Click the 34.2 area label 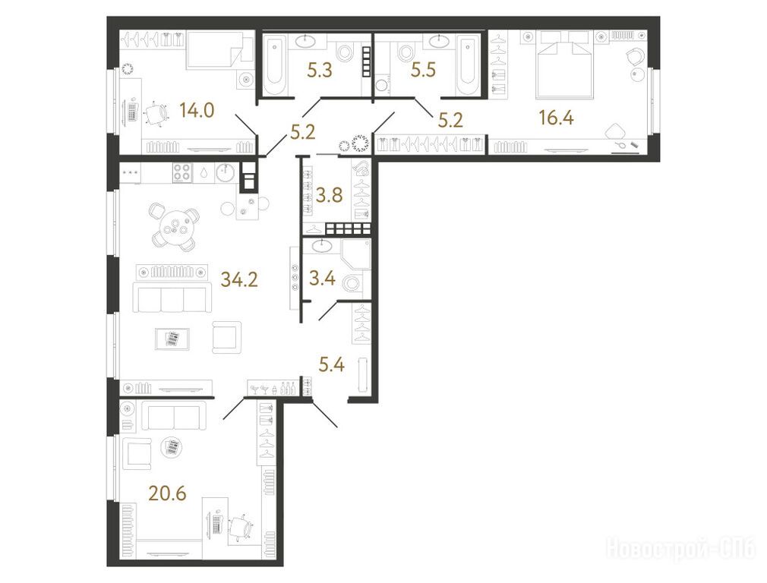click(239, 279)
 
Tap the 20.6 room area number click(168, 493)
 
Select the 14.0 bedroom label click(197, 111)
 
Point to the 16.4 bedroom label click(556, 118)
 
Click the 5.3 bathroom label click(320, 71)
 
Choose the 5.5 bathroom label click(423, 71)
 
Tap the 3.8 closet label click(330, 195)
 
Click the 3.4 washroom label click(322, 279)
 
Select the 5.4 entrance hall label click(332, 364)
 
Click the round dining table click(175, 227)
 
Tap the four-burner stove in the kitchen click(182, 172)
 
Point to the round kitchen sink click(226, 172)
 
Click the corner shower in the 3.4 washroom click(356, 254)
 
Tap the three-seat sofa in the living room click(169, 299)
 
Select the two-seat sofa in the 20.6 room click(174, 416)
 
